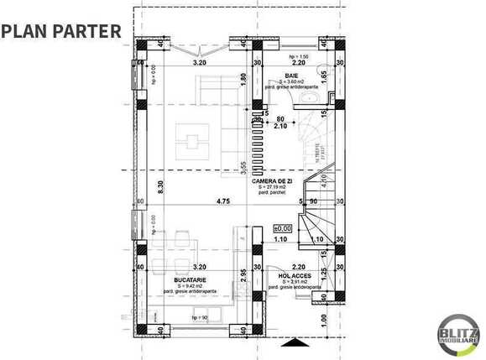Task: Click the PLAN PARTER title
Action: click(x=61, y=31)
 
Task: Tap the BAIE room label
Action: click(x=291, y=75)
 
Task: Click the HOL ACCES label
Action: click(x=295, y=274)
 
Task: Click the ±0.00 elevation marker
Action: click(x=282, y=227)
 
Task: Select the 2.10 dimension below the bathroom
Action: click(x=281, y=127)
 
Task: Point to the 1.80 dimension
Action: click(x=242, y=79)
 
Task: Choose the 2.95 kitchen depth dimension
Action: click(x=243, y=275)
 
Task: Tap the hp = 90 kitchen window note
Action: click(x=199, y=318)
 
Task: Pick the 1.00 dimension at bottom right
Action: click(x=324, y=318)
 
